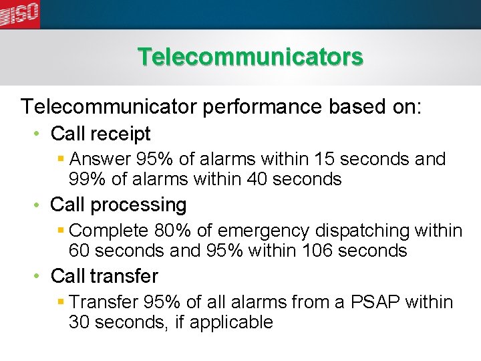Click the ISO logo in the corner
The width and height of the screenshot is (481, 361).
tap(19, 13)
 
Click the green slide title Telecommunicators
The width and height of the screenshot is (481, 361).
tap(251, 57)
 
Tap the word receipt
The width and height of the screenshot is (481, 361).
tap(122, 134)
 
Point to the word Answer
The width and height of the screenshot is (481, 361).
tap(100, 160)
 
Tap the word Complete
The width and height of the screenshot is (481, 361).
tap(109, 231)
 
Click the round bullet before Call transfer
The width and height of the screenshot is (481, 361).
tap(39, 276)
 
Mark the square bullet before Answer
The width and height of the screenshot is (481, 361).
tap(61, 160)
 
